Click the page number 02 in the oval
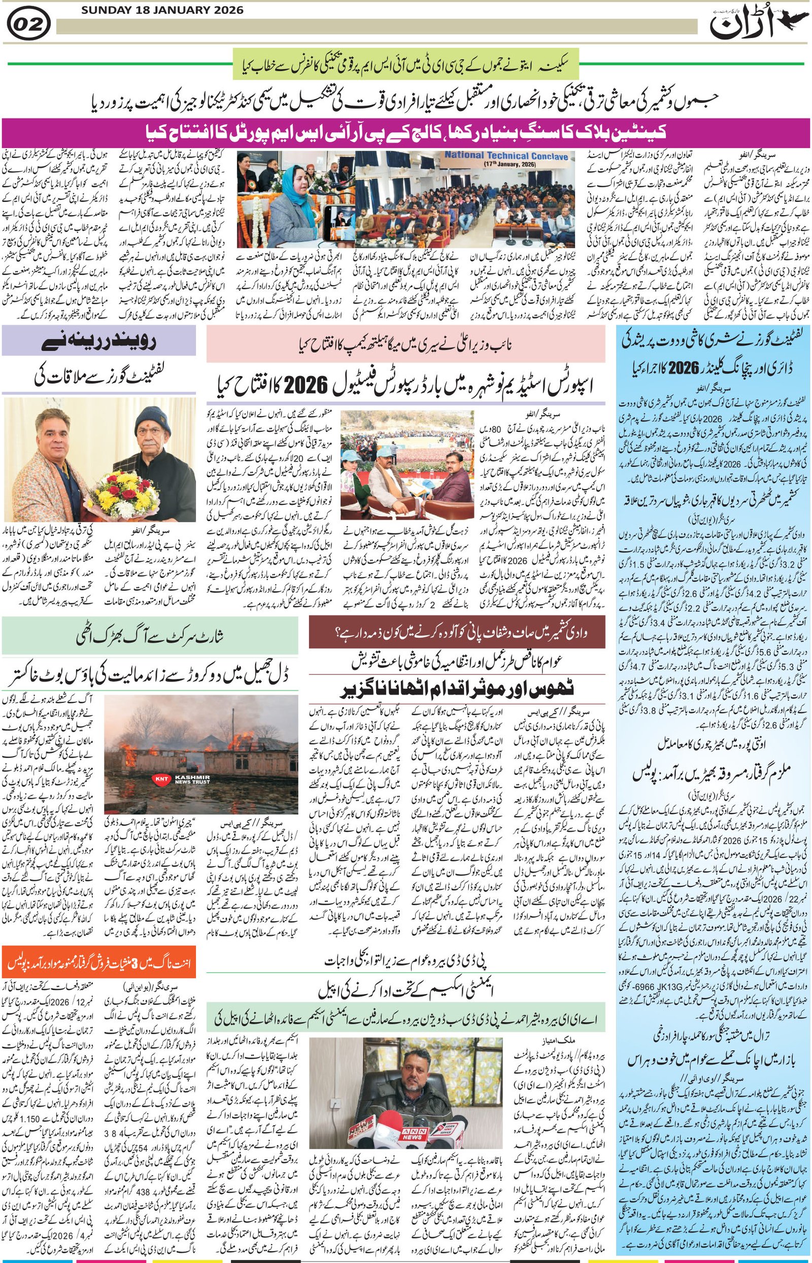pyautogui.click(x=29, y=25)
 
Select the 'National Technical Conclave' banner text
pyautogui.click(x=505, y=156)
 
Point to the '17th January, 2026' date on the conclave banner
pyautogui.click(x=505, y=164)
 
